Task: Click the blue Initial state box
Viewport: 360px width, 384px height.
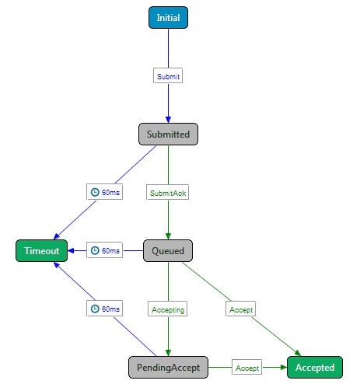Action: tap(168, 18)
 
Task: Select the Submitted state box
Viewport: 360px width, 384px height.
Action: tap(168, 134)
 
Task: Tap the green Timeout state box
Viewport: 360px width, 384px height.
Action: tap(42, 251)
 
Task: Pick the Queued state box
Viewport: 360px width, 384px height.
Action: tap(168, 251)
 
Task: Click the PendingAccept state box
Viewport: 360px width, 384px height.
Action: tap(168, 368)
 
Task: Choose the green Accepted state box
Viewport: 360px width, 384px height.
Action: tap(315, 368)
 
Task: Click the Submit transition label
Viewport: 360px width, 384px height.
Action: tap(168, 76)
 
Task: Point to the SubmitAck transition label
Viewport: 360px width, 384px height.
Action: tap(168, 193)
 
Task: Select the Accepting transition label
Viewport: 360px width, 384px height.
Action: tap(168, 309)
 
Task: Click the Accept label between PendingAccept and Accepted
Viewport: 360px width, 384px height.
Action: tap(247, 368)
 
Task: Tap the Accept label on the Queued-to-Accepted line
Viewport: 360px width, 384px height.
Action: tap(241, 309)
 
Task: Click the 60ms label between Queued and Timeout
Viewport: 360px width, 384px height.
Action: tap(105, 250)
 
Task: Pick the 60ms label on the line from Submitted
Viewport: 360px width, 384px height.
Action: tap(105, 192)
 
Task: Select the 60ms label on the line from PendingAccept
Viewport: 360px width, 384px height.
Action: tap(105, 309)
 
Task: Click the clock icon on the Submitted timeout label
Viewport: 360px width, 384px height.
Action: tap(95, 192)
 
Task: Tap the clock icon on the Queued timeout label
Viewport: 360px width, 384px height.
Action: tap(95, 250)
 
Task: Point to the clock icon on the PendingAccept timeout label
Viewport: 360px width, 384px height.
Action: tap(95, 309)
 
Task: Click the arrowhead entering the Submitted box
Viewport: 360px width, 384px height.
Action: tap(168, 120)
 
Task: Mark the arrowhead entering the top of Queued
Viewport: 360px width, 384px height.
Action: tap(168, 236)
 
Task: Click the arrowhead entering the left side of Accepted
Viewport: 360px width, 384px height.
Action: tap(284, 367)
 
